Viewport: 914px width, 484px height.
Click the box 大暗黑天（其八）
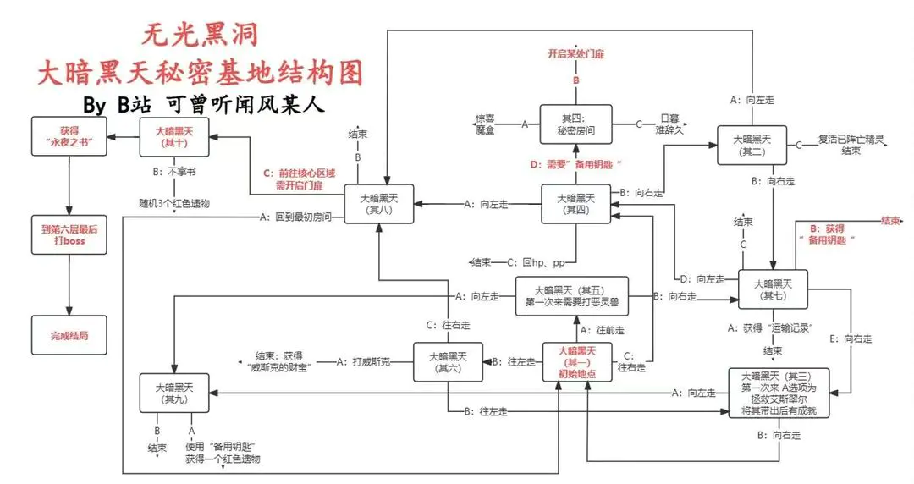[378, 204]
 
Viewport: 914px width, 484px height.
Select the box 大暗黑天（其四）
[576, 204]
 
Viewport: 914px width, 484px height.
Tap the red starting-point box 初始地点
[576, 361]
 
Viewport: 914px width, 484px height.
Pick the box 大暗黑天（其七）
[773, 289]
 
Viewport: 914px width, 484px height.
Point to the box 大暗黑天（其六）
[448, 361]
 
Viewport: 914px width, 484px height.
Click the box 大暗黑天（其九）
[174, 393]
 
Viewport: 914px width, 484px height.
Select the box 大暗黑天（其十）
[174, 137]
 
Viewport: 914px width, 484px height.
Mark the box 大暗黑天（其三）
[784, 392]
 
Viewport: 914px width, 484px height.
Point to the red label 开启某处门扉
[576, 53]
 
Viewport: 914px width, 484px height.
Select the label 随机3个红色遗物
[174, 204]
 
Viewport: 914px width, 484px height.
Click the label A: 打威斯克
[364, 361]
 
